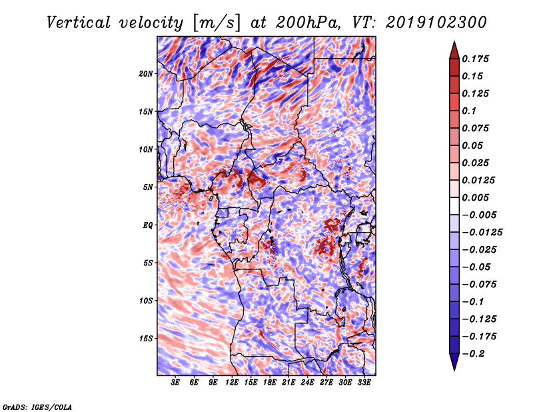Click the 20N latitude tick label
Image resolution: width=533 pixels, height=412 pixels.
point(146,73)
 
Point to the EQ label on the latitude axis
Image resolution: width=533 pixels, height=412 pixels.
point(147,225)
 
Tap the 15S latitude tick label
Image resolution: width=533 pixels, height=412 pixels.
point(146,338)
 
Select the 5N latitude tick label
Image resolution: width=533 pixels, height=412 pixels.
point(148,187)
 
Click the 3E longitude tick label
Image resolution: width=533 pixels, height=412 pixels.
point(176,383)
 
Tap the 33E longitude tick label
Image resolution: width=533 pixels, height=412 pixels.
point(363,383)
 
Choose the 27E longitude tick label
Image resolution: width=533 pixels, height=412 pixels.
point(326,383)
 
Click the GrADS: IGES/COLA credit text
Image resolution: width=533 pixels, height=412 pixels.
point(37,406)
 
